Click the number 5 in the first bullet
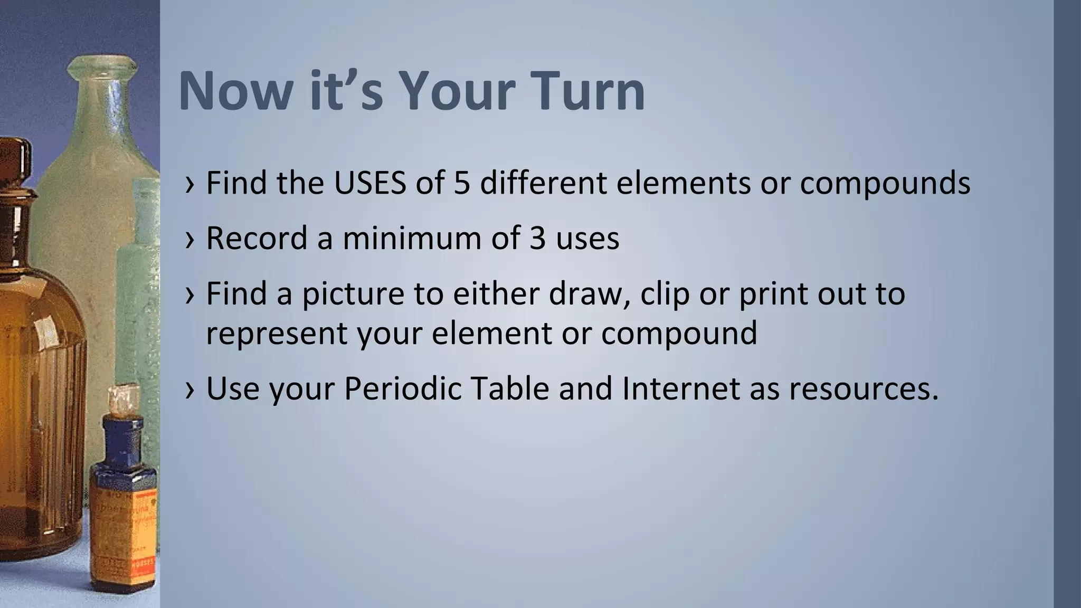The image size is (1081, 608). click(x=461, y=183)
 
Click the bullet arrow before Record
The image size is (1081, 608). click(x=191, y=239)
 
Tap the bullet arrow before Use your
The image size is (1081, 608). click(x=191, y=389)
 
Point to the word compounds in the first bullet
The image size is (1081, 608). click(x=885, y=183)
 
